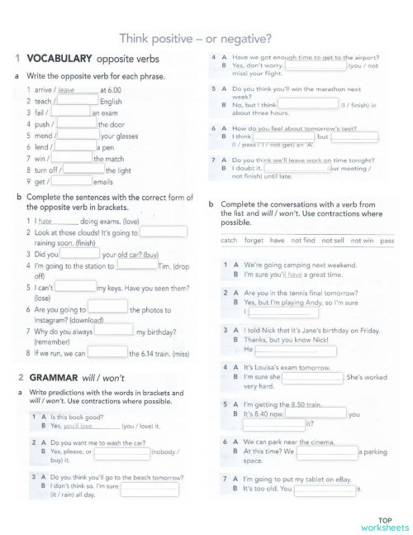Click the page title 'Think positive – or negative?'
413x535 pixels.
point(197,37)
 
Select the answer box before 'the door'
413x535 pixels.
point(77,124)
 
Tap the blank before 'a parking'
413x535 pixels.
point(326,451)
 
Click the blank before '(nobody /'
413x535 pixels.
point(148,452)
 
